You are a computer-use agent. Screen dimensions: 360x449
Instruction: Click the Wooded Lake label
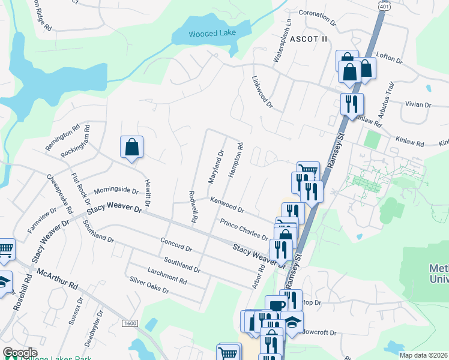coord(212,34)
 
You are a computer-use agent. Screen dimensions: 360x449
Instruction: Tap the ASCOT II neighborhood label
coord(310,39)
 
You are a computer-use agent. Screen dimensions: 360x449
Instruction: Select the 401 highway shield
coord(383,5)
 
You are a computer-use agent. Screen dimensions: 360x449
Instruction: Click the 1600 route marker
coord(130,323)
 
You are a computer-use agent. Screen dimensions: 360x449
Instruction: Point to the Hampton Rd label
coord(236,159)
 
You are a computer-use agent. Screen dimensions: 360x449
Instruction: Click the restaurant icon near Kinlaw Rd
coord(351,103)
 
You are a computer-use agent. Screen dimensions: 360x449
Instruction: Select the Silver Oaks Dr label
coord(149,285)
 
